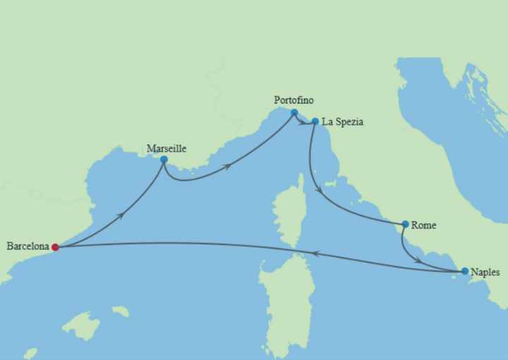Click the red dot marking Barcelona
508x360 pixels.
(55, 247)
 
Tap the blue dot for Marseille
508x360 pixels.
(164, 160)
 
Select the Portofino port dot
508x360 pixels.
(294, 112)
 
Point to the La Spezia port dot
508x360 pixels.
(315, 121)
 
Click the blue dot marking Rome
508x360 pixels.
(405, 224)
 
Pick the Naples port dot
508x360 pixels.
(464, 271)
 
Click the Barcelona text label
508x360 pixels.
(28, 246)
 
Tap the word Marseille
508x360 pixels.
(167, 148)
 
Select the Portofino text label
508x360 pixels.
(294, 100)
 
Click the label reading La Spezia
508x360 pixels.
(342, 122)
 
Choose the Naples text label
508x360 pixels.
(486, 272)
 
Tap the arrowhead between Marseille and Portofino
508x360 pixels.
(228, 167)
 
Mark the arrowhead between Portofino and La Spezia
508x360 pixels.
(303, 123)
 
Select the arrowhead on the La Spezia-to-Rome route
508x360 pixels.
(322, 191)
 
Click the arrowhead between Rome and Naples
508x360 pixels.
(418, 261)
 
